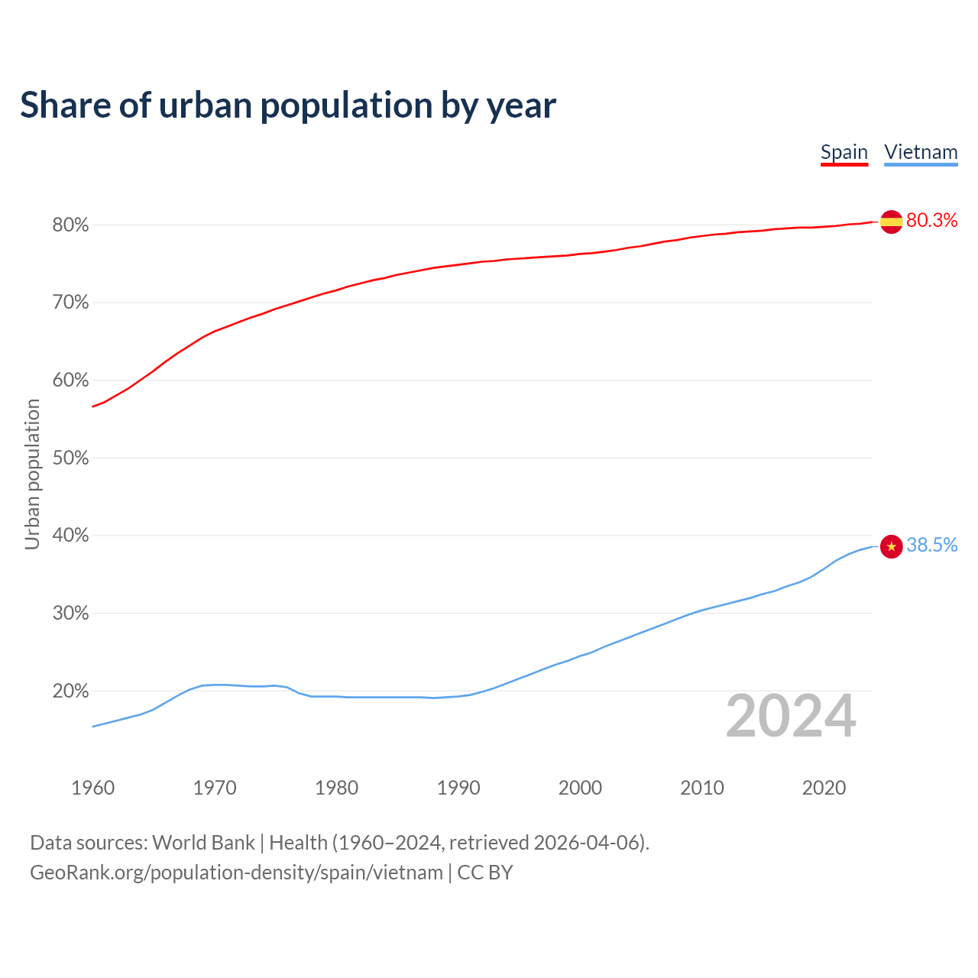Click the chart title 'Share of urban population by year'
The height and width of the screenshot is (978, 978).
tap(288, 105)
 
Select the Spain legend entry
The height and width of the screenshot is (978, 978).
tap(844, 152)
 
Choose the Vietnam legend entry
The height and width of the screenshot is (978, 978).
tap(921, 152)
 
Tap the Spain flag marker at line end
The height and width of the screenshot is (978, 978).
tap(892, 222)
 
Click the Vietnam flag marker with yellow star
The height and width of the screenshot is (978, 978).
tap(892, 546)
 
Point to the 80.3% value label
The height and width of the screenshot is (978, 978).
tap(931, 221)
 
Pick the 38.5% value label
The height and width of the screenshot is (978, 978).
tap(931, 545)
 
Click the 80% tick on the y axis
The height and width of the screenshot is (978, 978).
tap(71, 225)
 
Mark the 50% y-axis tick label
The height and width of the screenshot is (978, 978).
tap(71, 458)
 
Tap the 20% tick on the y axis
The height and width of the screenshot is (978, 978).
tap(71, 691)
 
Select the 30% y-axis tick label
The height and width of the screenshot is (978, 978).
tap(71, 614)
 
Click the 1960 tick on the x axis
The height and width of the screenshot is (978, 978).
tap(93, 788)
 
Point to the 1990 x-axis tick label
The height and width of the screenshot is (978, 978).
tap(458, 788)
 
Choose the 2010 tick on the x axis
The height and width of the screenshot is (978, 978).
tap(702, 788)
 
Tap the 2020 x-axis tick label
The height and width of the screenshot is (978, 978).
tap(824, 788)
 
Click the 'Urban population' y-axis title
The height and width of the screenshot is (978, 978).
tap(32, 474)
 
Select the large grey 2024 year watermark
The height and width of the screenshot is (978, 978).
tap(791, 717)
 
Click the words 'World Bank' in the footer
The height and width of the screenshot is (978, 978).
tap(203, 843)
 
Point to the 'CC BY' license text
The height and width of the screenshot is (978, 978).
tap(485, 873)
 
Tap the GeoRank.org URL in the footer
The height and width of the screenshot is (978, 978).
tap(236, 873)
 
